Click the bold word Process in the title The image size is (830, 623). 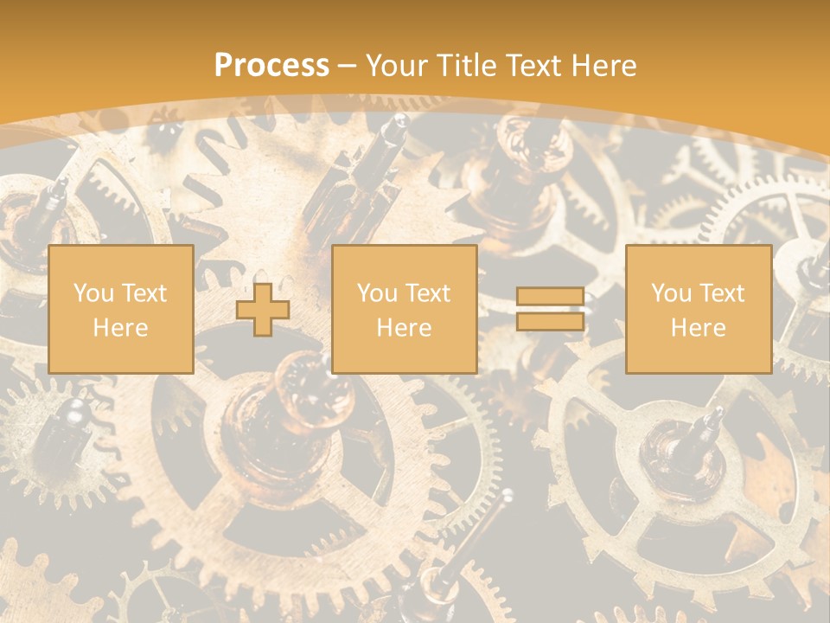(271, 66)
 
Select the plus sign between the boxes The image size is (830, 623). (263, 310)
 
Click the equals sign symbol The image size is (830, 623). (550, 310)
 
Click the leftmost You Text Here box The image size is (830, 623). (120, 309)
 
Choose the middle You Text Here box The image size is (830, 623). (404, 309)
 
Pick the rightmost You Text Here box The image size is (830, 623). (698, 309)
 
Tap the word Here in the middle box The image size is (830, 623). (404, 328)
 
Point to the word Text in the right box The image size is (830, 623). (721, 293)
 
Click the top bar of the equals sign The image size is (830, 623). (550, 297)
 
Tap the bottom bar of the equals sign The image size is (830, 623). (550, 322)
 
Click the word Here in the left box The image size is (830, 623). (120, 328)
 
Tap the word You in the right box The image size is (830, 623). (671, 293)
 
